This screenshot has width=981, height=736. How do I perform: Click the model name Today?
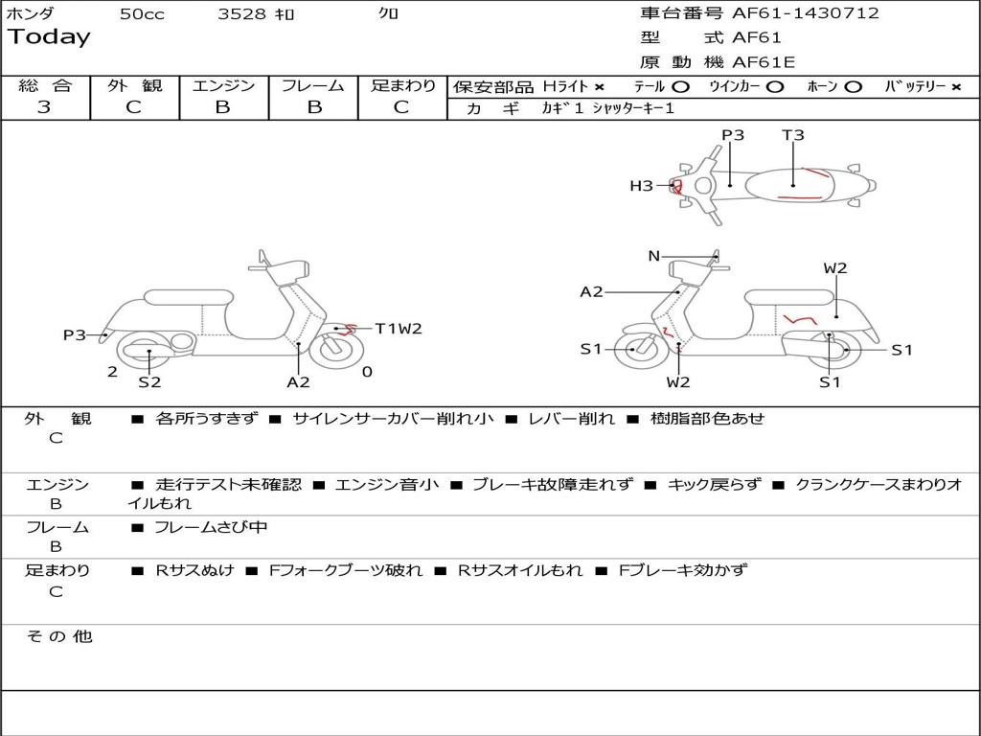point(49,37)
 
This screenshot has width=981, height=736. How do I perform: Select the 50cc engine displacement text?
point(142,14)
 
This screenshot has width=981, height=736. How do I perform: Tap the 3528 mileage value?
point(242,14)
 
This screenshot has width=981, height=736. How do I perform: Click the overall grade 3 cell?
point(44,107)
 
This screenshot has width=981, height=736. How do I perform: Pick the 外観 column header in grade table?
point(134,86)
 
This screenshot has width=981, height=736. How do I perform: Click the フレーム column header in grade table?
point(312,86)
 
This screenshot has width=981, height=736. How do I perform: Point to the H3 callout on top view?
point(641,186)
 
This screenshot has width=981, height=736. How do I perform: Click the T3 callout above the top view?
point(792,135)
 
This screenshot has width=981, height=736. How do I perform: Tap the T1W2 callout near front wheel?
point(398,329)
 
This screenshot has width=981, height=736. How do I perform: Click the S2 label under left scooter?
point(149,382)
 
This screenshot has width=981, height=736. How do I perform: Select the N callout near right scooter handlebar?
point(653,256)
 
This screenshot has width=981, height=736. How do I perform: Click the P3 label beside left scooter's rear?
point(75,335)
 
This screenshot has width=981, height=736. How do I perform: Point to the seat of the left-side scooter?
point(188,297)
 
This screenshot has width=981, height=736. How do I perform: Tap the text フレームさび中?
point(211,527)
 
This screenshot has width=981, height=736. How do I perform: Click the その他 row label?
point(58,636)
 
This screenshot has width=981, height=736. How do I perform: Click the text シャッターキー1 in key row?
point(633,108)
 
